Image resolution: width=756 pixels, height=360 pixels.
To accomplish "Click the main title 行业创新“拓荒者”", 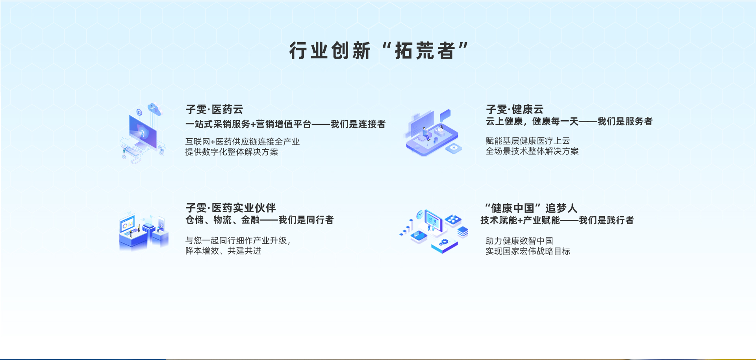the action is coord(379,51).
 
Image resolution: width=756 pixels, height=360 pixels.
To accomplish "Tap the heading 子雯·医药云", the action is coord(214,109).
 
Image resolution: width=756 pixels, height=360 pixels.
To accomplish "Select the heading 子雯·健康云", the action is coord(515,109).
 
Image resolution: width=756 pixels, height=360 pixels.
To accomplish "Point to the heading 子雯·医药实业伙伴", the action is coord(231,208).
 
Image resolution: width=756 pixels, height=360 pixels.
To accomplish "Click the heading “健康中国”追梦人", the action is coord(531,208).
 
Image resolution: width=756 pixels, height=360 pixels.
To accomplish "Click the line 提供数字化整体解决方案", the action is coord(232,152).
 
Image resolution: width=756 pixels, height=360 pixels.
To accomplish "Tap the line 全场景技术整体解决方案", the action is coord(532,151).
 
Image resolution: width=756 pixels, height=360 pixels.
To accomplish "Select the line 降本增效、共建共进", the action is coord(223,251).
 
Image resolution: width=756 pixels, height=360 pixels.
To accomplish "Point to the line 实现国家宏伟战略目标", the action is coord(528,251).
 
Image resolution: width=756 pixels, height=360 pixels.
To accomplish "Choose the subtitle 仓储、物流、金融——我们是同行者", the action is coord(259,220).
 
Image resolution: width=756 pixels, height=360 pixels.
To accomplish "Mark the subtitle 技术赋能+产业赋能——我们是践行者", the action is coord(557,220).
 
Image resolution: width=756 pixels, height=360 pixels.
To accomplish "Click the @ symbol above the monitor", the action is coord(139,112).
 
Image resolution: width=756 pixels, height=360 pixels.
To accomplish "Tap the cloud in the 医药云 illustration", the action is coord(155,109).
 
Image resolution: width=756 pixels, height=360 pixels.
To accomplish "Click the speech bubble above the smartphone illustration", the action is coord(445,115).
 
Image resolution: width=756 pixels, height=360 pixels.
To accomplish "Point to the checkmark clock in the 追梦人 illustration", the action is coord(420,215).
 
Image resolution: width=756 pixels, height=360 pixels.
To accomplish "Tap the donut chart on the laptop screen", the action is coord(125,226).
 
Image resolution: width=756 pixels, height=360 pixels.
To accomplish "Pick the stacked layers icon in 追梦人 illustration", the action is coord(463,232).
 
